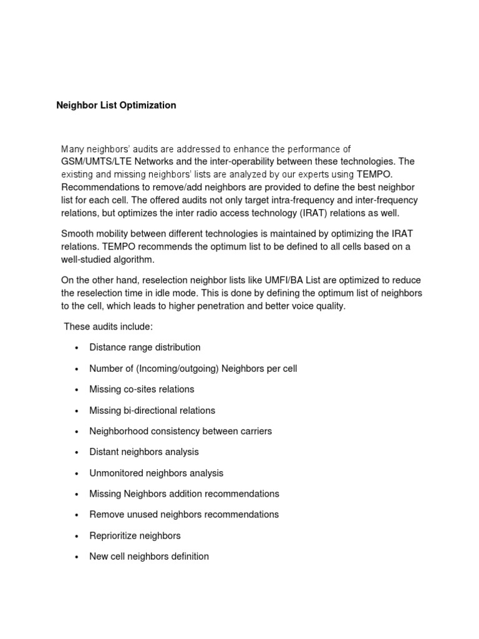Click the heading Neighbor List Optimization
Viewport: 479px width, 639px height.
pyautogui.click(x=116, y=105)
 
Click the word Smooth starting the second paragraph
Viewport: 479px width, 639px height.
pyautogui.click(x=76, y=233)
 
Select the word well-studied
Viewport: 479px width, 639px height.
pyautogui.click(x=89, y=260)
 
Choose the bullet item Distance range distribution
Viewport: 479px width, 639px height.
pyautogui.click(x=145, y=348)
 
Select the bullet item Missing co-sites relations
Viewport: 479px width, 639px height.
pyautogui.click(x=142, y=389)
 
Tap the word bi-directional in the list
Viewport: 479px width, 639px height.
pyautogui.click(x=149, y=411)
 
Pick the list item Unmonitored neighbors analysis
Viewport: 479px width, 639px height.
pyautogui.click(x=156, y=473)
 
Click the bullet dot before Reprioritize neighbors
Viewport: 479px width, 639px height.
pyautogui.click(x=76, y=536)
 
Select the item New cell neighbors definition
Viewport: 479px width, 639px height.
pyautogui.click(x=149, y=557)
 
